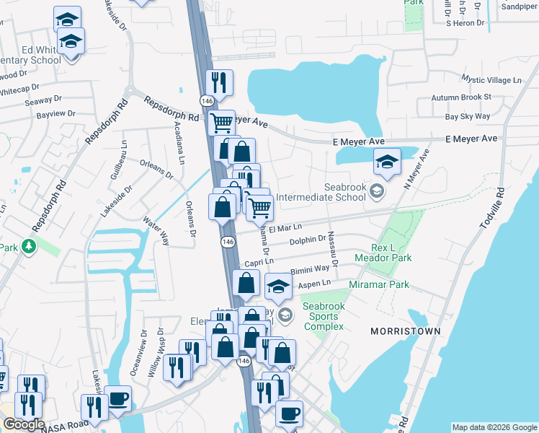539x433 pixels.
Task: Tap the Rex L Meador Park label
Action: tap(382, 252)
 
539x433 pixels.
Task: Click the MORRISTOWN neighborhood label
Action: tap(405, 331)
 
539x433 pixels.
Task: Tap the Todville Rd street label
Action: tap(491, 209)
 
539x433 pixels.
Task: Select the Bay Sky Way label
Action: tap(468, 116)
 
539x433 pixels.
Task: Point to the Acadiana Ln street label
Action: tap(179, 142)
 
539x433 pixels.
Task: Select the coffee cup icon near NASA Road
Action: tap(117, 399)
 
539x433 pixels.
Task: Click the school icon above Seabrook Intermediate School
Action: tap(387, 162)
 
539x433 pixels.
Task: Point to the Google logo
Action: tap(23, 424)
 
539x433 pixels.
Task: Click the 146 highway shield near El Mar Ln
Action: tap(227, 242)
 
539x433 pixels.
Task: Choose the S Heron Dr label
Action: tap(468, 23)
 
